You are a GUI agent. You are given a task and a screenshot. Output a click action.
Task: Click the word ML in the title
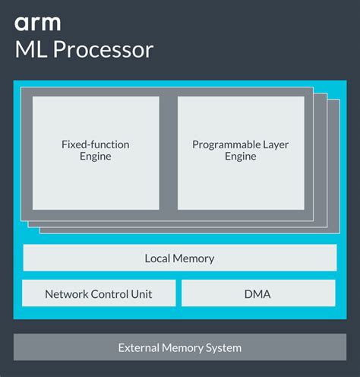(x=30, y=50)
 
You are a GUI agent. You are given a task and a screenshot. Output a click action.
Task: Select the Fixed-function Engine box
(x=96, y=152)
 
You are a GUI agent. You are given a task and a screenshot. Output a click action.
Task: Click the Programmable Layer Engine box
(x=241, y=152)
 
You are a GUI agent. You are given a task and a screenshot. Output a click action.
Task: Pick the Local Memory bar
(x=179, y=258)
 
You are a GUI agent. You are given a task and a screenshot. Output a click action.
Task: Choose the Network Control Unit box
(x=99, y=293)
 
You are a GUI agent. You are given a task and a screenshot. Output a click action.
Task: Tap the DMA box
(x=258, y=293)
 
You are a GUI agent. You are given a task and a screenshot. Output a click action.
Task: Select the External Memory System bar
(x=179, y=347)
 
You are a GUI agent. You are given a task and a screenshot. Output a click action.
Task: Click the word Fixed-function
(x=96, y=144)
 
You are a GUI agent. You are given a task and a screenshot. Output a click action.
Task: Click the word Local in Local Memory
(x=158, y=258)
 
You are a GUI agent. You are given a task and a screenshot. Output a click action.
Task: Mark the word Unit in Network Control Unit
(x=141, y=294)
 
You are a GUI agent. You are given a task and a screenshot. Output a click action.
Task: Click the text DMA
(x=258, y=294)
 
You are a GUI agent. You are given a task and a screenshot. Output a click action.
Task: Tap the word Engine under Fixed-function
(x=96, y=157)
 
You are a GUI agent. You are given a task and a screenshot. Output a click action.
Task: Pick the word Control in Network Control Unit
(x=108, y=294)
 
